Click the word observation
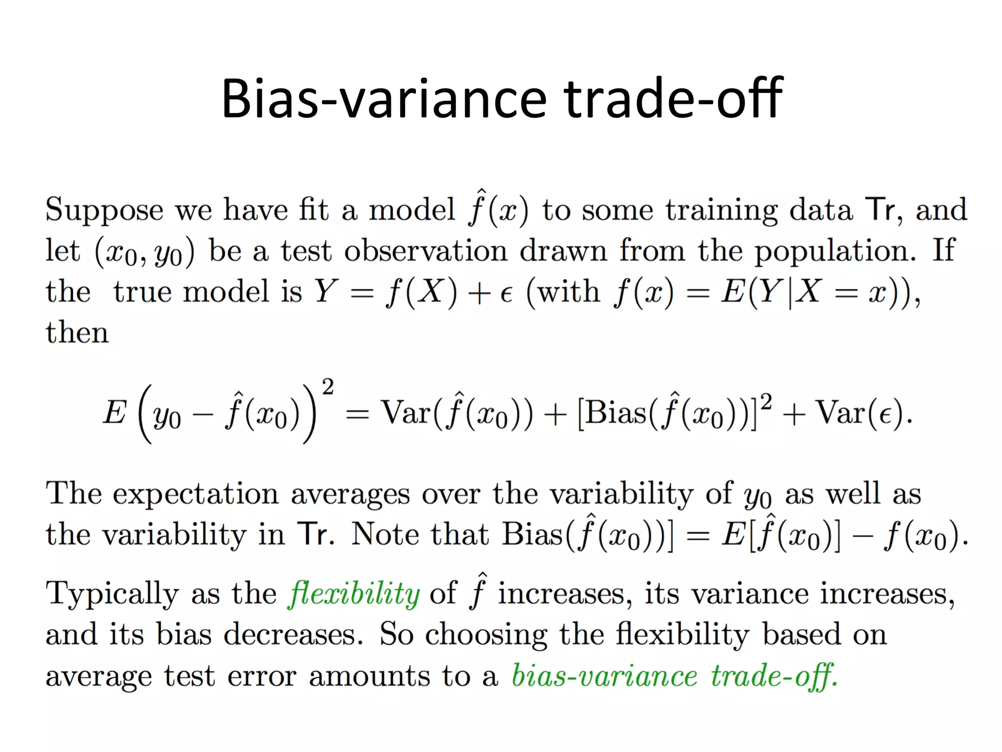coord(426,251)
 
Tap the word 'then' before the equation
coord(77,332)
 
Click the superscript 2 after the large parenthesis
coord(328,387)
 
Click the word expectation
coord(196,494)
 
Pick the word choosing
coord(486,635)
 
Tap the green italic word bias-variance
coord(604,676)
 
